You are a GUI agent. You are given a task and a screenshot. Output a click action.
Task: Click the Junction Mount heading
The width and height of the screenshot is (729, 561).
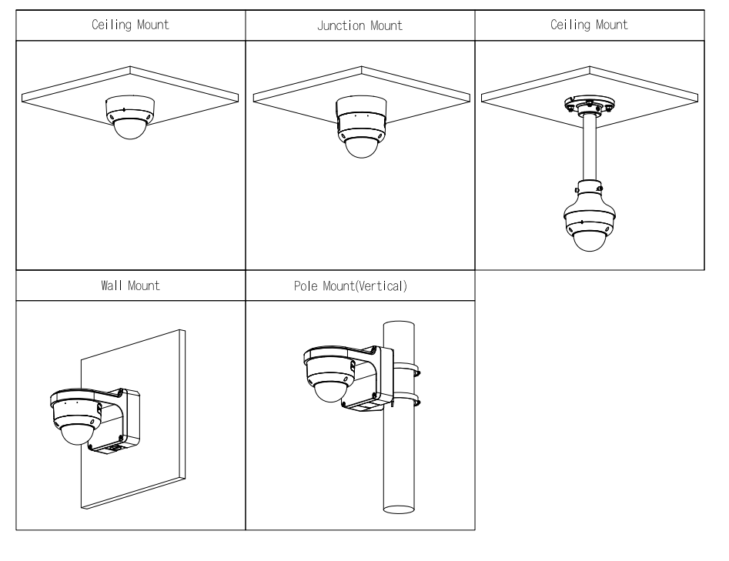(x=360, y=25)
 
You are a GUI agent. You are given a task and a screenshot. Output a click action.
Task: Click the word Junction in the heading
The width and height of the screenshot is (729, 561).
(x=342, y=25)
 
